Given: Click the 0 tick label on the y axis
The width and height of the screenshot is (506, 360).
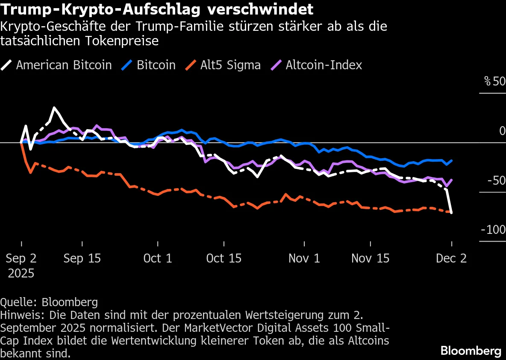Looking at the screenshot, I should point(502,131).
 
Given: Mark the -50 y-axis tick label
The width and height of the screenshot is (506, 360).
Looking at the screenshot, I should point(496,180).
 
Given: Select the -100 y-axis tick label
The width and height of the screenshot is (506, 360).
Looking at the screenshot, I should point(494,230).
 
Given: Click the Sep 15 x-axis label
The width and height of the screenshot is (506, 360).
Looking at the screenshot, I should point(82,258).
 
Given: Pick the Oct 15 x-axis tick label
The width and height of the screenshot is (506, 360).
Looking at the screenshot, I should point(224,258).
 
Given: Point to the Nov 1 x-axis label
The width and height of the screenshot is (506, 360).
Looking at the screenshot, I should point(304,258).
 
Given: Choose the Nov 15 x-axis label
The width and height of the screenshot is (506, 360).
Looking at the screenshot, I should point(370,258).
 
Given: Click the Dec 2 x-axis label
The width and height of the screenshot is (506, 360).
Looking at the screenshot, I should point(451,258).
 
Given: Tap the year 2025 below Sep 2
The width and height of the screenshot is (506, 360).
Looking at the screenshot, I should point(21,273).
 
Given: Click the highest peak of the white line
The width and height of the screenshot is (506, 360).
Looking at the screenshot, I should point(54,108).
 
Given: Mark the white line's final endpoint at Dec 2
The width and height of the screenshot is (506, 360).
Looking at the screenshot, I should point(452,212).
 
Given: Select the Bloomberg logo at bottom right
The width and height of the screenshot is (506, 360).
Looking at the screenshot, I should point(471,351).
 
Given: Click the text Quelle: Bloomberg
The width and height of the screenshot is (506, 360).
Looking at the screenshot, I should point(49,302).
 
